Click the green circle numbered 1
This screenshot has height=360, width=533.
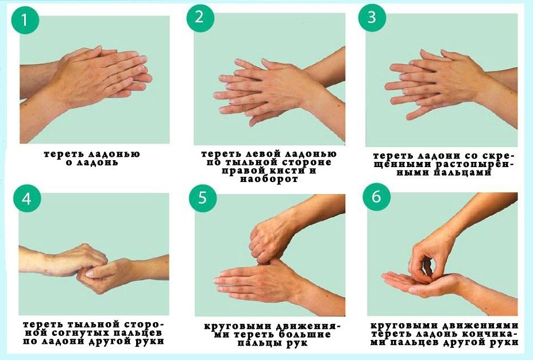click(x=25, y=20)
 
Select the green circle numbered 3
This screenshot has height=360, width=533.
click(x=372, y=17)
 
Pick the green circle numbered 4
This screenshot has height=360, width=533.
click(x=27, y=199)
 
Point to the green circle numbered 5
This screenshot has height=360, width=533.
click(x=203, y=198)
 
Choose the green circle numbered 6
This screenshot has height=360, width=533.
click(x=377, y=197)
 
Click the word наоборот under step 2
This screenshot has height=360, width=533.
click(x=269, y=179)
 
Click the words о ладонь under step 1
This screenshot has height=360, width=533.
click(x=92, y=162)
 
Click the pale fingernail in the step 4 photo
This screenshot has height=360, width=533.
click(x=90, y=273)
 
